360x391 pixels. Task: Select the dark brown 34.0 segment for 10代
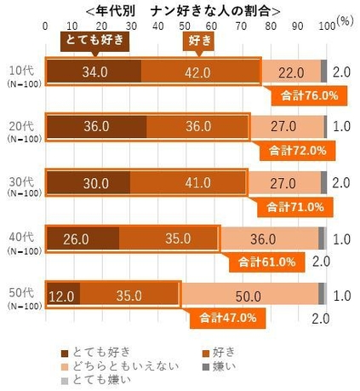(x=94, y=72)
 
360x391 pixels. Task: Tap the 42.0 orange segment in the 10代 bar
(x=201, y=72)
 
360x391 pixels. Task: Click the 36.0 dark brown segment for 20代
(x=96, y=127)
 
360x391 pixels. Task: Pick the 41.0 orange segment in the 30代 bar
(x=187, y=182)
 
